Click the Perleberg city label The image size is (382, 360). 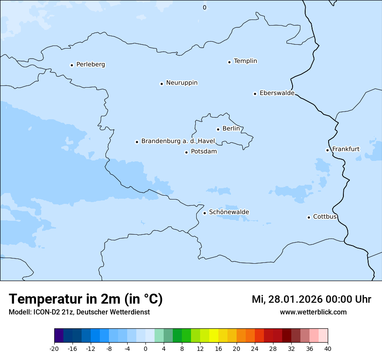point(90,65)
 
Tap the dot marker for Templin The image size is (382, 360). point(229,62)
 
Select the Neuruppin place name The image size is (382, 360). point(181,83)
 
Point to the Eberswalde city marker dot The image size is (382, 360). point(255,94)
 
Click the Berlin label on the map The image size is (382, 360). point(231,129)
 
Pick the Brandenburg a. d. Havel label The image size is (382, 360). point(178,141)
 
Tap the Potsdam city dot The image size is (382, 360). point(187,152)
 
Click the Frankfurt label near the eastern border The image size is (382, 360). point(346,149)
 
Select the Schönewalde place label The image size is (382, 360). point(229,212)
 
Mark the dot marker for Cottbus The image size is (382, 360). point(309,217)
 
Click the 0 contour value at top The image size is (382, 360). point(204,7)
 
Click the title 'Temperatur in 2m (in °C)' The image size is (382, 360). point(86,299)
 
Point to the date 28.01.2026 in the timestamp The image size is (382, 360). point(296,299)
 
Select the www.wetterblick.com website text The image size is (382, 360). point(313,312)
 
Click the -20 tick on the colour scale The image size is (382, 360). point(54,349)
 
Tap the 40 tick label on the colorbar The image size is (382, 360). point(328,349)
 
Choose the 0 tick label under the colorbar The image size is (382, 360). point(145,349)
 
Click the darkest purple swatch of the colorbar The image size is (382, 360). point(59,336)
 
